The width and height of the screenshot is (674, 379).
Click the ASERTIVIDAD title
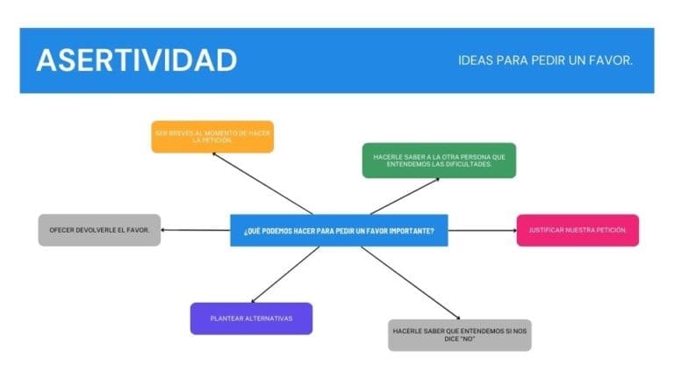(136, 60)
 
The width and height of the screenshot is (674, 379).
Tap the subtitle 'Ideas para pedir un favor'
(545, 61)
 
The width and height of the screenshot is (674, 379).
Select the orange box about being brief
(212, 136)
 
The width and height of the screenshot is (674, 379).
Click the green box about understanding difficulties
(439, 160)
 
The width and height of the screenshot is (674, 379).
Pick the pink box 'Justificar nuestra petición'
(577, 230)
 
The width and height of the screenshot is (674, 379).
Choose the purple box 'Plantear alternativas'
(251, 318)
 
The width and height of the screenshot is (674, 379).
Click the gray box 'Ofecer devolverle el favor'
(99, 230)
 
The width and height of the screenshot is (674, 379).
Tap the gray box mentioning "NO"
(459, 334)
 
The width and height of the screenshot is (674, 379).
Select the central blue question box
(339, 230)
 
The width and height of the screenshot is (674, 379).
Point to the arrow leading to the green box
(404, 196)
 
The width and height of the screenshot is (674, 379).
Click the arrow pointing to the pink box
(482, 231)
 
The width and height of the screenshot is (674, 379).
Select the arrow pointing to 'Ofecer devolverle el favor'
(195, 231)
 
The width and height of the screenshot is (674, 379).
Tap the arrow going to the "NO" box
(410, 282)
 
